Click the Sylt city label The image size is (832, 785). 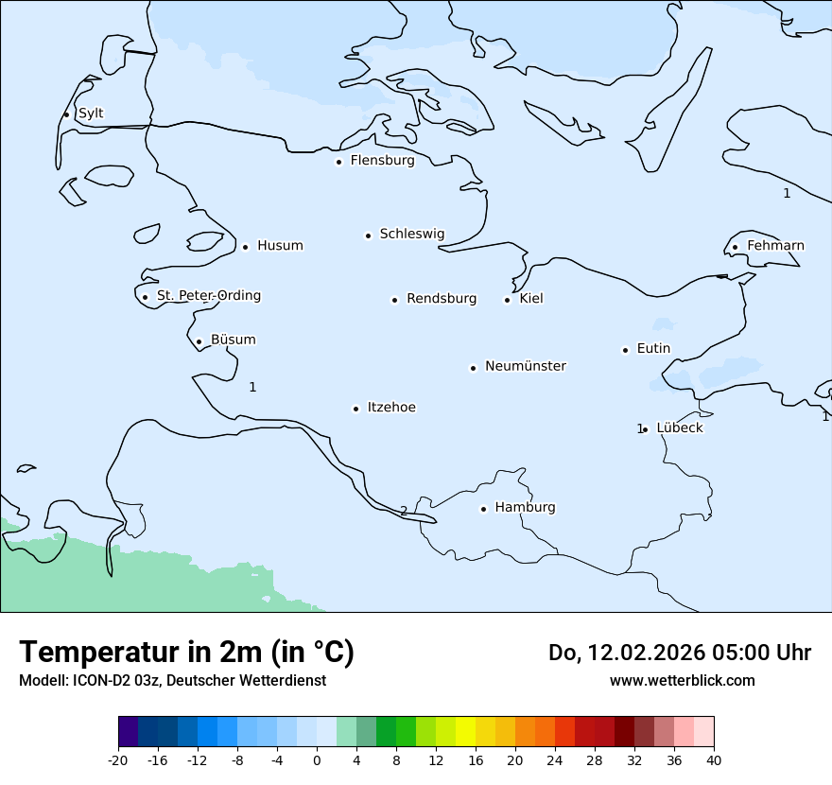coord(91,113)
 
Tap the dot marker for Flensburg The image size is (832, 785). coord(338,162)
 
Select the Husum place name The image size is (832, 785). coord(280,246)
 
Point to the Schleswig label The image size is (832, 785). coord(411,234)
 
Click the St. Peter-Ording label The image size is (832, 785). coord(208,296)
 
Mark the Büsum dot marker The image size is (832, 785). coord(199,341)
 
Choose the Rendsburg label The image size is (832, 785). coord(441,299)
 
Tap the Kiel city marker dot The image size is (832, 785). coord(507,300)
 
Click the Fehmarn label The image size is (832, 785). coord(775,246)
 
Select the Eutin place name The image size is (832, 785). coord(653,349)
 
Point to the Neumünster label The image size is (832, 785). coord(526,366)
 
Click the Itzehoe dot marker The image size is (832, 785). coord(355,409)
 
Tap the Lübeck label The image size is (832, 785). coord(679,427)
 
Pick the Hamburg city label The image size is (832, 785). coord(525,507)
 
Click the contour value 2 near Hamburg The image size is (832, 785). coord(404,511)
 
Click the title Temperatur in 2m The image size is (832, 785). coord(186,652)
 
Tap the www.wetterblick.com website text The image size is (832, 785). coord(682,680)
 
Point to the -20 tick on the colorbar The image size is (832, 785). coord(118,760)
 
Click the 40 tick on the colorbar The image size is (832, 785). coord(714,760)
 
